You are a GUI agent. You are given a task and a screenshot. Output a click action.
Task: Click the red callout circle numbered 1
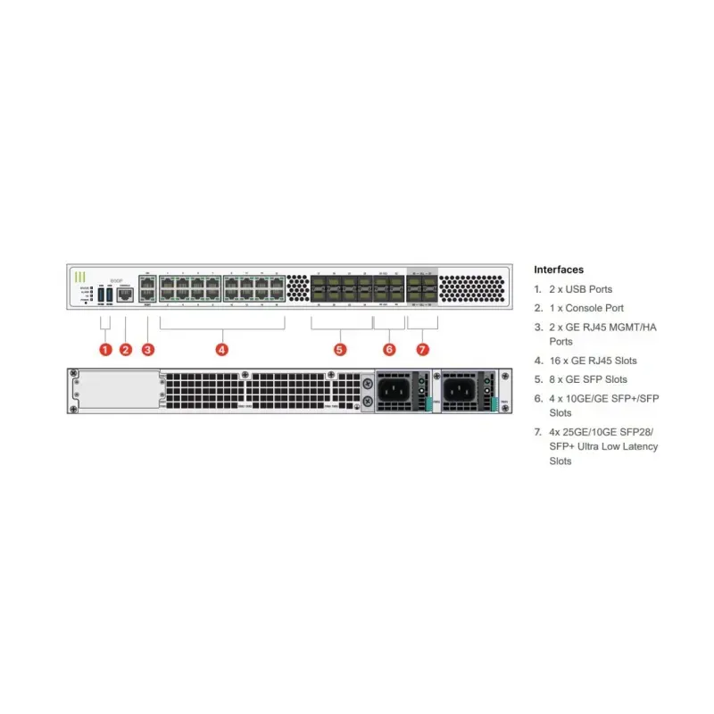[x=105, y=349]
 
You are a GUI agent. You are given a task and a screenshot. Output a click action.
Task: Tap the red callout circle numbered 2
[x=126, y=349]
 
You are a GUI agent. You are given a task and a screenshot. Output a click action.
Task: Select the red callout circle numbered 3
[x=148, y=349]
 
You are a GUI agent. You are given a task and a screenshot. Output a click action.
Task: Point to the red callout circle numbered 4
[x=222, y=349]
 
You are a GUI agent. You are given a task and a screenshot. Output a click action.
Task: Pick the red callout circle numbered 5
[x=340, y=349]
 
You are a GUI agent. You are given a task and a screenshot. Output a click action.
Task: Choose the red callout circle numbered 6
[x=389, y=349]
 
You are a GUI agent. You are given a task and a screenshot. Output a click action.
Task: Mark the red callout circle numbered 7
[x=422, y=349]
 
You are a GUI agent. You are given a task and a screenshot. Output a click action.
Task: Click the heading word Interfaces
[x=559, y=270]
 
